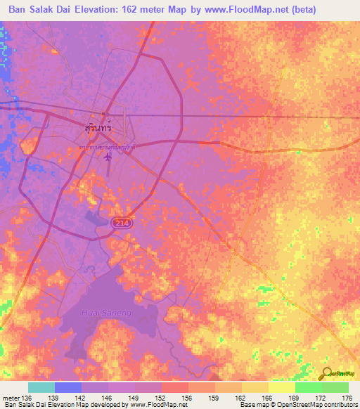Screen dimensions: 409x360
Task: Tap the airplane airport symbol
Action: click(107, 156)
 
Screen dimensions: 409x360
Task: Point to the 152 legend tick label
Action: click(162, 398)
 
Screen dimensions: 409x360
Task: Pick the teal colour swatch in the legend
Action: click(41, 387)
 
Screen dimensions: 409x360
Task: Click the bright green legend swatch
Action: click(308, 387)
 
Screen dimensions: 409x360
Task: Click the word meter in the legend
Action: click(9, 398)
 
